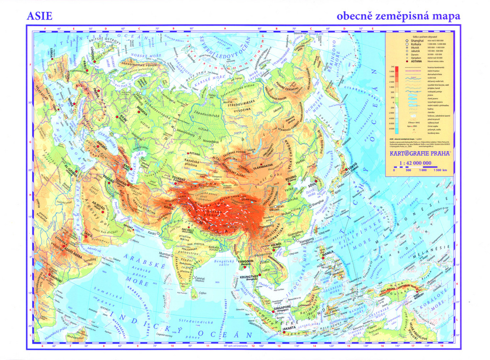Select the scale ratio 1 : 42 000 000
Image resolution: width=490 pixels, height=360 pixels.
[418, 163]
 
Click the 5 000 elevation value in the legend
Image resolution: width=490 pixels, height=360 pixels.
[391, 71]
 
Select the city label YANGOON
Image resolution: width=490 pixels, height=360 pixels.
[245, 261]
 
